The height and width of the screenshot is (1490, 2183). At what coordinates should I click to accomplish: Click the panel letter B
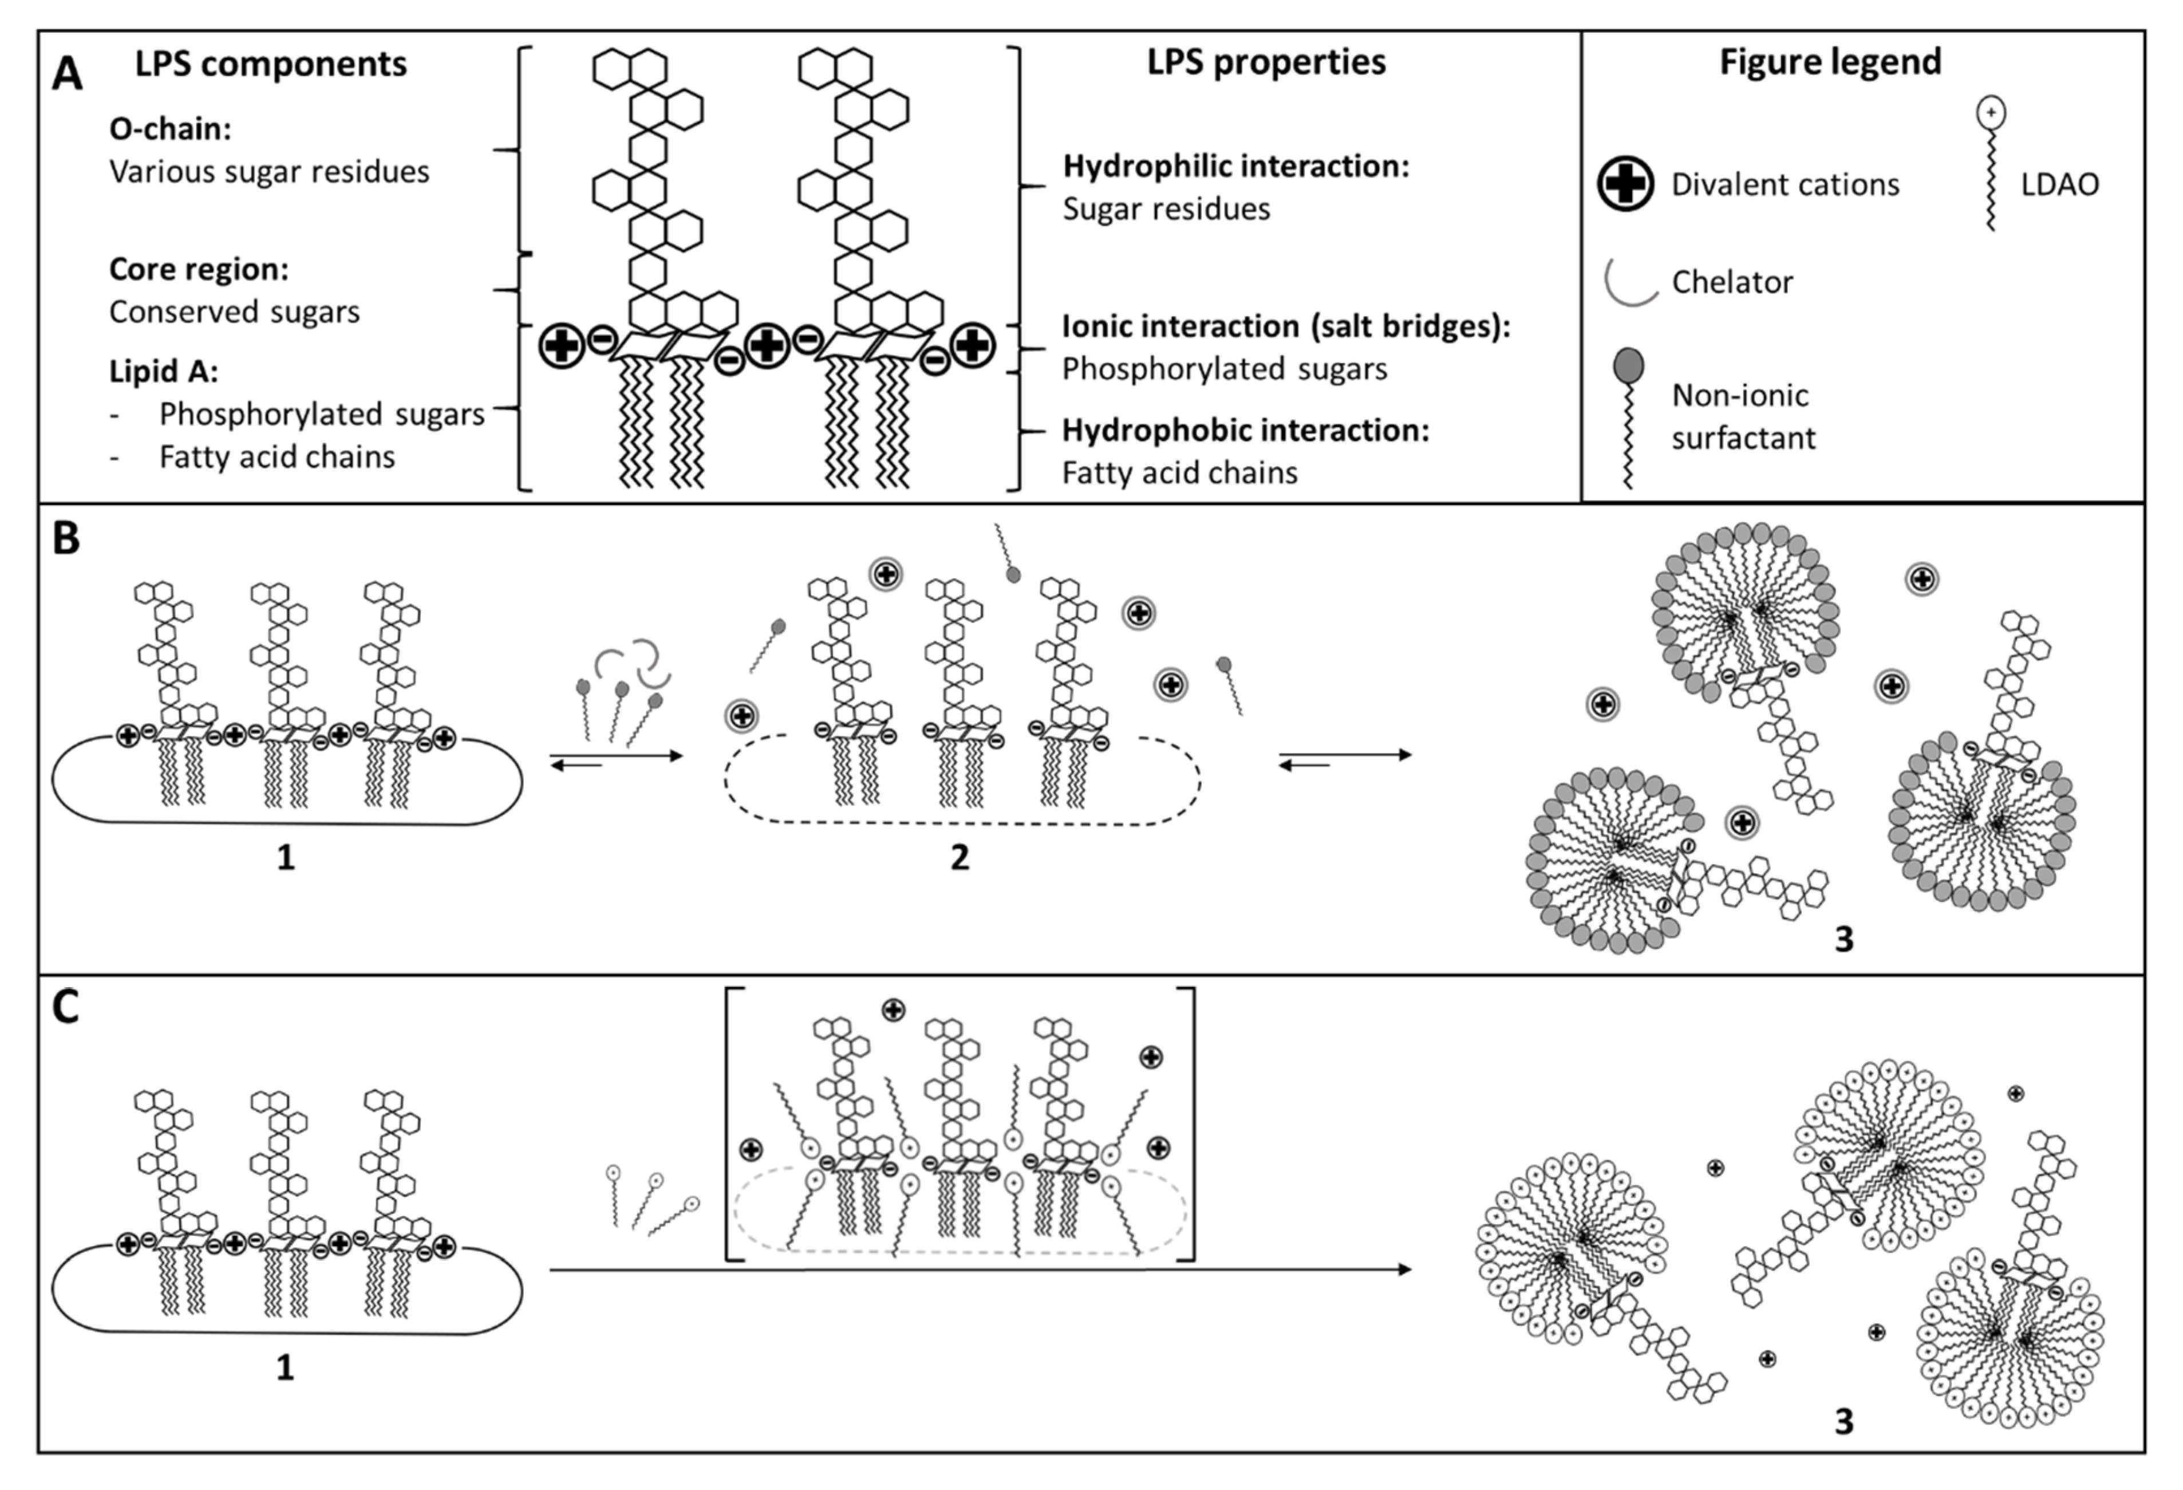(x=66, y=539)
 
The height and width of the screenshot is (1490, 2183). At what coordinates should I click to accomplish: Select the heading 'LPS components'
(x=271, y=64)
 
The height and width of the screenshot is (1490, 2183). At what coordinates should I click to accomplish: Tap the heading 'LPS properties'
(x=1265, y=62)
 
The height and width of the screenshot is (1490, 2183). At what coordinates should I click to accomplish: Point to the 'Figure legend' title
(x=1830, y=62)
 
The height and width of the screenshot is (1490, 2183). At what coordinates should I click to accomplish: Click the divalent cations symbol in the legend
(x=1625, y=183)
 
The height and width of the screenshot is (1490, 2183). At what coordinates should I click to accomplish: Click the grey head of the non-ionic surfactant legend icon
(x=1629, y=365)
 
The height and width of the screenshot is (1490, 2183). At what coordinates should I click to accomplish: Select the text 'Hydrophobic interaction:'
(x=1245, y=430)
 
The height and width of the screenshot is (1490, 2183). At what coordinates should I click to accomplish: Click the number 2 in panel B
(x=959, y=857)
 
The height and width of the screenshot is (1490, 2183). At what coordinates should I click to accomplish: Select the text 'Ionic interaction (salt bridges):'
(x=1285, y=326)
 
